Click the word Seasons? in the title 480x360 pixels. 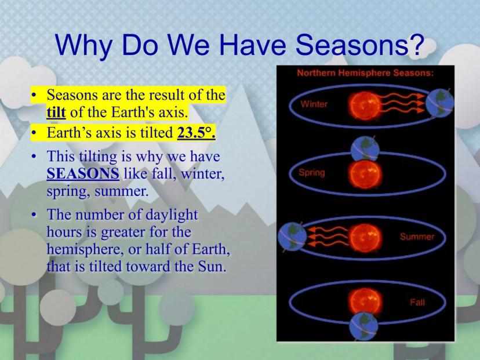(359, 45)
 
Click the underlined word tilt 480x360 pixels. (56, 112)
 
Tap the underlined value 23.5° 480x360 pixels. (196, 133)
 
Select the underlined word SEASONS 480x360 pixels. (83, 173)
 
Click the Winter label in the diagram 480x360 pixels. (314, 104)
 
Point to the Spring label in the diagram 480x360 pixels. (312, 173)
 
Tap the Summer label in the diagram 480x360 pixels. (417, 237)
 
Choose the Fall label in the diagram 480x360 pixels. (417, 303)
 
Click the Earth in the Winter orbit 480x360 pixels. (439, 103)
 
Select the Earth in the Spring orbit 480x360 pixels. (365, 149)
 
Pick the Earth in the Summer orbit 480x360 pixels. (292, 237)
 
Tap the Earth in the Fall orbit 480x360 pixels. (363, 326)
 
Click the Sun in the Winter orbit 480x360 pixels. (365, 106)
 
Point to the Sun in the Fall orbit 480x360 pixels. (365, 301)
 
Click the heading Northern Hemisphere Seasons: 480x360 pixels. (365, 73)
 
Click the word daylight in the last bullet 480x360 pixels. (172, 215)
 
